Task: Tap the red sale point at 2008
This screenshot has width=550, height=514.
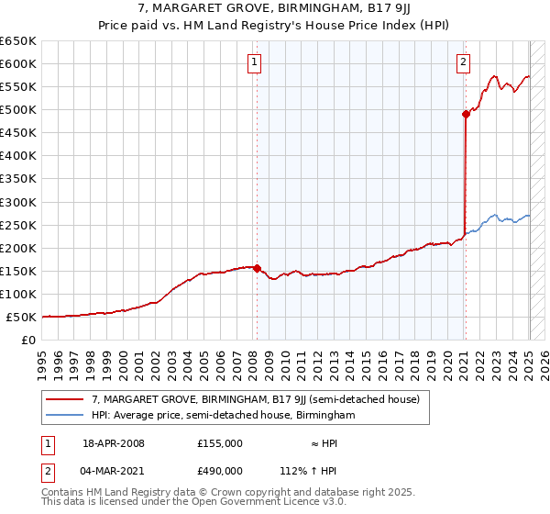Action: pos(257,269)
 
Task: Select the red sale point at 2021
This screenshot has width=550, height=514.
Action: pos(466,114)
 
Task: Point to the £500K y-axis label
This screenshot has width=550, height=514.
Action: pos(18,110)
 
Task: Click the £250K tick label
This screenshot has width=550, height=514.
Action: pos(18,225)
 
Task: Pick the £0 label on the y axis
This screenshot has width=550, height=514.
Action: pos(28,341)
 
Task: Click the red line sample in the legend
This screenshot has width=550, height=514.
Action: pos(65,400)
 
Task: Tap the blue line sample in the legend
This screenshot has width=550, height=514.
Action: pos(65,415)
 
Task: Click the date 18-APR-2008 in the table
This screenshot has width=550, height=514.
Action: pos(114,443)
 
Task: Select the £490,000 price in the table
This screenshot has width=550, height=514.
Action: pos(220,471)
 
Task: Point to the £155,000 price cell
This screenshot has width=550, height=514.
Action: pos(220,443)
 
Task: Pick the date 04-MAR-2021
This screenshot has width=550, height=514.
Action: pos(114,471)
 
